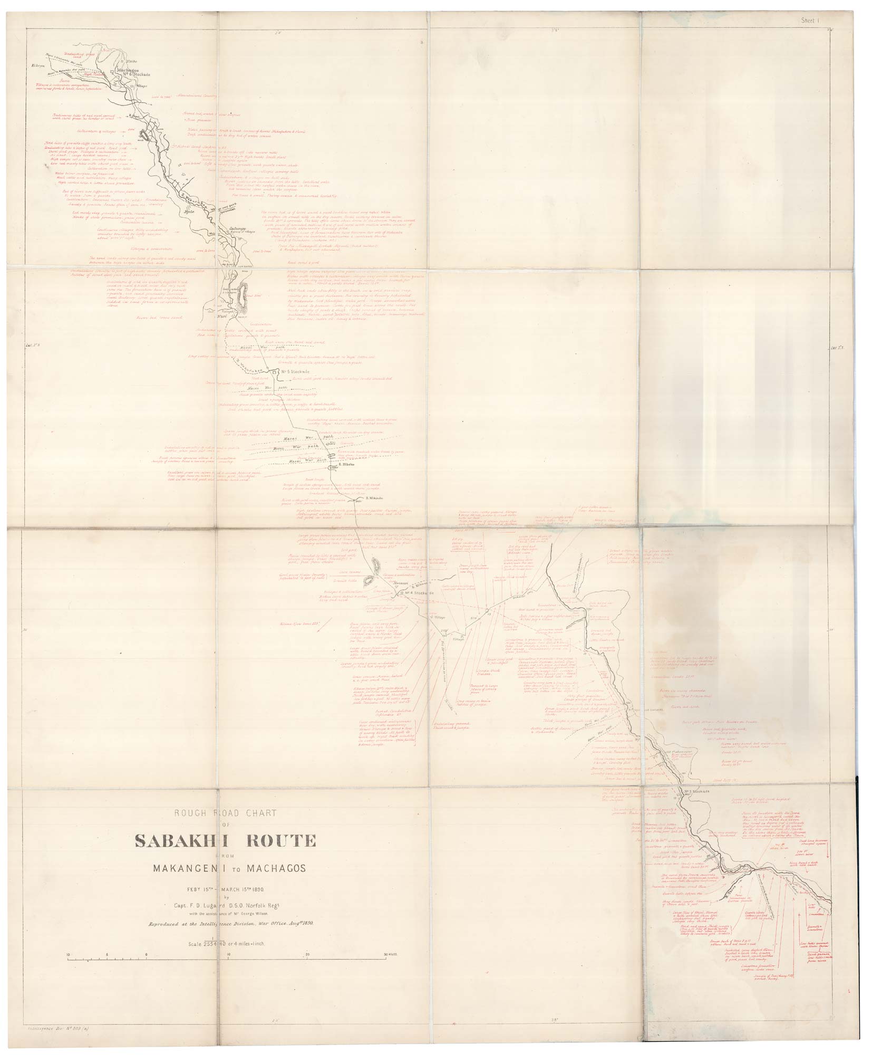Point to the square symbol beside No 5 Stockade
tap(275, 372)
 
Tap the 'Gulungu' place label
tap(238, 228)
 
